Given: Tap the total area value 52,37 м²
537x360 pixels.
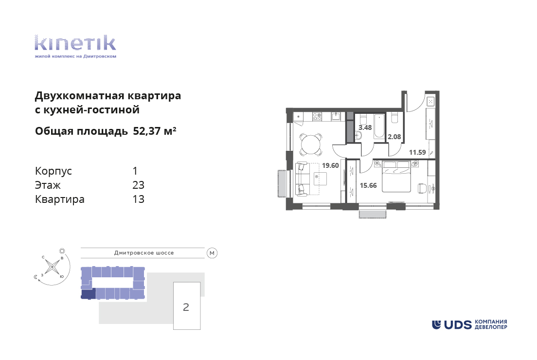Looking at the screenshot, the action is point(155,131).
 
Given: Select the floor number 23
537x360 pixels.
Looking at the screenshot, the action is point(138,185).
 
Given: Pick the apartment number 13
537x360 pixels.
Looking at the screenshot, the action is point(138,199).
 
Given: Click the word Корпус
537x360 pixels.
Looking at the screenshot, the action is point(54,171).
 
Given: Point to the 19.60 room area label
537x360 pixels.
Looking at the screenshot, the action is point(330,165).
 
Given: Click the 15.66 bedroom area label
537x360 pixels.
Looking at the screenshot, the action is point(368,185).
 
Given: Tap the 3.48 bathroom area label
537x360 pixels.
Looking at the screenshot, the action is point(365,127).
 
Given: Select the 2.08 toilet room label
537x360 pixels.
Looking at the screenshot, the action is point(394,137).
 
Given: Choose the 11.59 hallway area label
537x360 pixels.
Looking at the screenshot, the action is point(417,152).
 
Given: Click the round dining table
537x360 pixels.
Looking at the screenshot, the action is point(311,144).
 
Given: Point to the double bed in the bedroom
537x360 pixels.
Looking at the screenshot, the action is point(396,177).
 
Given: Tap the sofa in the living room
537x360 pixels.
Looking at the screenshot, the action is point(303,180).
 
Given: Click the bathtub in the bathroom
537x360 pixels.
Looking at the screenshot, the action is point(379,127).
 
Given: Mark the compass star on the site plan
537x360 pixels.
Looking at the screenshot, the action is point(52,267).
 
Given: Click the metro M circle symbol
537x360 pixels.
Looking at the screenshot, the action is point(212,253).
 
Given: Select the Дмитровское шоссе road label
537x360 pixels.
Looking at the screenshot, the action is point(144,253).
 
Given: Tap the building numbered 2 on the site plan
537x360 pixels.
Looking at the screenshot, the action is point(187,306).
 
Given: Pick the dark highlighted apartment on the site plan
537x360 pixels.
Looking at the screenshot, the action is point(88,293).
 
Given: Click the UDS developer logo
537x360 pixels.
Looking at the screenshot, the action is point(469,324).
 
